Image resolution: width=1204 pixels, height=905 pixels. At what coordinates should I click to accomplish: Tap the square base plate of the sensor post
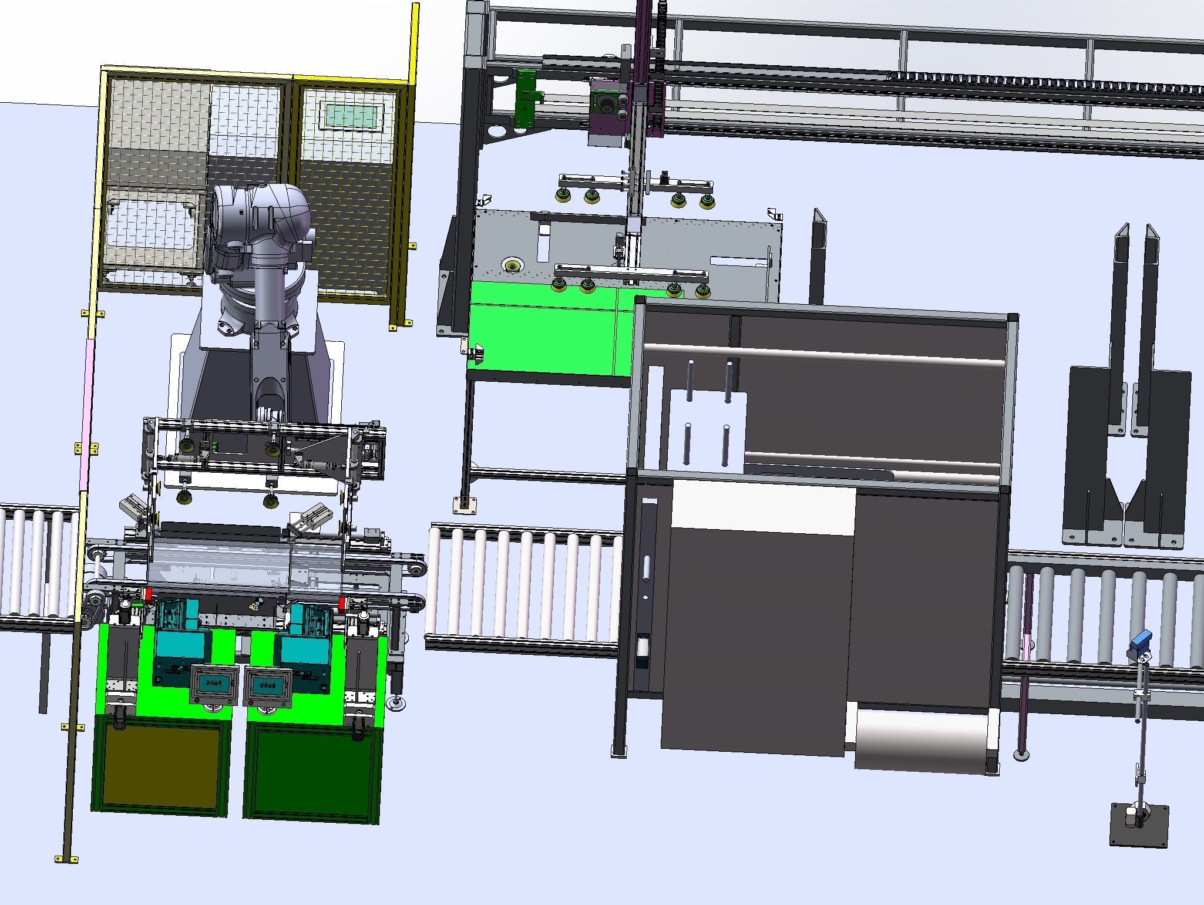point(1138,825)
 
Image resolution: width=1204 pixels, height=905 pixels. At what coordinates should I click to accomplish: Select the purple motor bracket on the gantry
point(608,112)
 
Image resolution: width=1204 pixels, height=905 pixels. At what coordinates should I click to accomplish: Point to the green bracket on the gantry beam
point(526,97)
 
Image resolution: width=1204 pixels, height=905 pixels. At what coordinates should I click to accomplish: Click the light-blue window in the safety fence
point(352,115)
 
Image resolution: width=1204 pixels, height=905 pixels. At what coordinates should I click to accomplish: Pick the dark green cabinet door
point(311,769)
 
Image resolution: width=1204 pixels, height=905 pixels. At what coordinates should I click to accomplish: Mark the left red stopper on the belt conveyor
point(149,594)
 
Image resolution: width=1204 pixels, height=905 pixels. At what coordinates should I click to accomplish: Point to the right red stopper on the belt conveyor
point(342,603)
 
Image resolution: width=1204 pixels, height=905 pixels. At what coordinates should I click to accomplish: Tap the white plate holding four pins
point(708,429)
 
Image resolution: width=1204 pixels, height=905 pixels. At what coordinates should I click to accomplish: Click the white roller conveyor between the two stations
point(523,584)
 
